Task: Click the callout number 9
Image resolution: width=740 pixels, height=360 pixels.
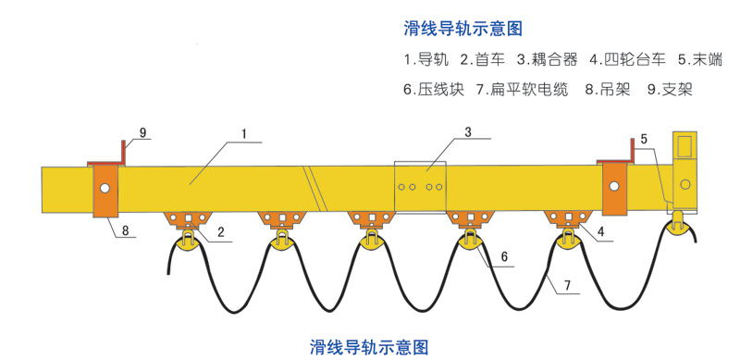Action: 142,132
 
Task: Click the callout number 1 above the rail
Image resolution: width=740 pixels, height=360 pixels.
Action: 244,134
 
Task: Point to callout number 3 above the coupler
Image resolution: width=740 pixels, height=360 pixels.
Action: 468,131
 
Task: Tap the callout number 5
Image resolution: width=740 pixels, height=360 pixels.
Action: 644,140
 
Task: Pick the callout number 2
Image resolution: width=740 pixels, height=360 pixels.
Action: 220,232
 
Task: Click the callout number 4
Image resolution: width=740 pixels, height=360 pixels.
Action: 601,232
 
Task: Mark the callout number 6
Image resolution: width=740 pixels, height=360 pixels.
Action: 504,257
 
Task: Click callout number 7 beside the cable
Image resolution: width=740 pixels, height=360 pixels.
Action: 567,285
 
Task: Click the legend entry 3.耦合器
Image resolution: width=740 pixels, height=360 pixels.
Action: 547,59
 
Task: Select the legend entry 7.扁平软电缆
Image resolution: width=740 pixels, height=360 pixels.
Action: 523,90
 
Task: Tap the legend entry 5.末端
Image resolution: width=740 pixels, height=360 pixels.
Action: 700,59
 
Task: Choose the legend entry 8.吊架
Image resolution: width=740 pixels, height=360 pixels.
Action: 609,90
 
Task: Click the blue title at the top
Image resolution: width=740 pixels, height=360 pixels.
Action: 463,29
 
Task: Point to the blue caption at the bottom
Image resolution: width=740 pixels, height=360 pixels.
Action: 369,347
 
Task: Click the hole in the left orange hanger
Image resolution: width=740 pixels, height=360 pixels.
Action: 105,188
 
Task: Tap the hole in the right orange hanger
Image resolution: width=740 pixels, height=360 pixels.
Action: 613,186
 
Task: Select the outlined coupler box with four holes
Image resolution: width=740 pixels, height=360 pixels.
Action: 421,187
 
